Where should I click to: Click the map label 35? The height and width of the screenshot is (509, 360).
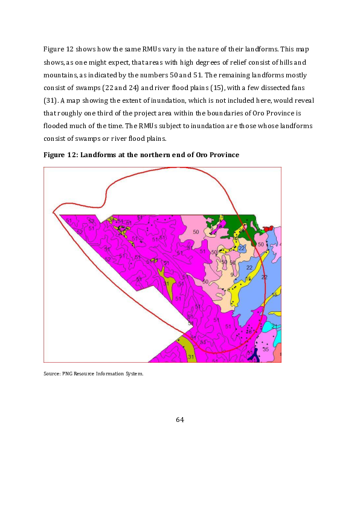266,349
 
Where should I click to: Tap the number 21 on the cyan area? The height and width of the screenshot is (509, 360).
274,326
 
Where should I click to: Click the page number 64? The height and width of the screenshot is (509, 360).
179,420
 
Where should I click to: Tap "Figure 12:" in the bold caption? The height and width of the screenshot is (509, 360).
60,155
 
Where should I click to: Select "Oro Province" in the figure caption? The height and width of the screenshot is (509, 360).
217,155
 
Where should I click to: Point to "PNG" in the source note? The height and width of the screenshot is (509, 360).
67,374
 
